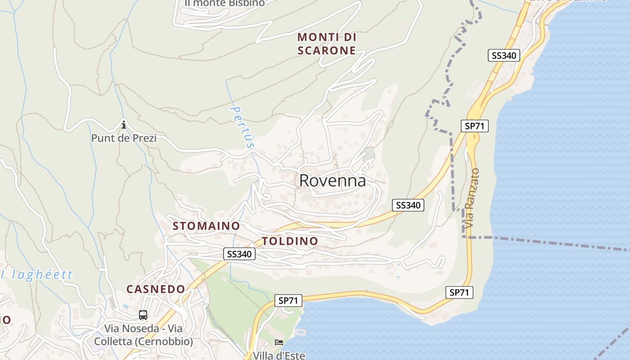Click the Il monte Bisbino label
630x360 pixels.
tap(225, 3)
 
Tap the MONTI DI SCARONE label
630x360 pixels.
tap(327, 44)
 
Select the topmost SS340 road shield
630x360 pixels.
tap(504, 55)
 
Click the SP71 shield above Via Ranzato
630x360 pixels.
tap(475, 126)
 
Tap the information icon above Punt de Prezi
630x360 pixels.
tap(124, 124)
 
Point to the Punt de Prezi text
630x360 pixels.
tap(124, 138)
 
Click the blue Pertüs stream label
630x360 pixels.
tap(242, 126)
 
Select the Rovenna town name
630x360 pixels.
tap(333, 181)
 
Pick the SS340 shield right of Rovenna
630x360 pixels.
tap(408, 205)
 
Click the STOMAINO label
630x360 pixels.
tap(206, 226)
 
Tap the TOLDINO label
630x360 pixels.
tap(290, 241)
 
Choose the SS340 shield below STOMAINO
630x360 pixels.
tap(239, 254)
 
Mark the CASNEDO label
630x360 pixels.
tap(156, 289)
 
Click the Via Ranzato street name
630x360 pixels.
tap(471, 198)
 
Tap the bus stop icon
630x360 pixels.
tap(143, 315)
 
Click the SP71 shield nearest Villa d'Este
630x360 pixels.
tap(288, 301)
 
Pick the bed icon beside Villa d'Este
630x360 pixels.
tap(279, 342)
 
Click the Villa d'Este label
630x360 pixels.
tap(279, 355)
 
